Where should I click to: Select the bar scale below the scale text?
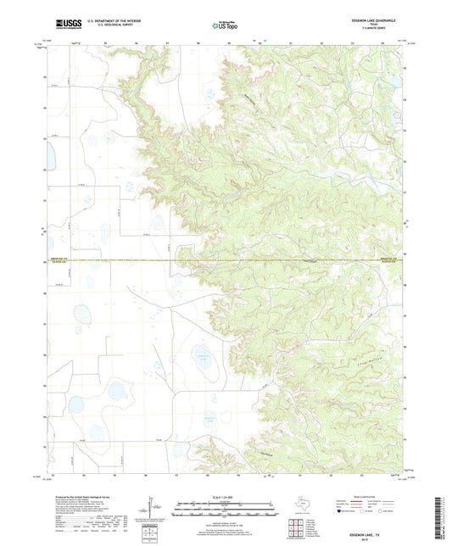226,509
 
